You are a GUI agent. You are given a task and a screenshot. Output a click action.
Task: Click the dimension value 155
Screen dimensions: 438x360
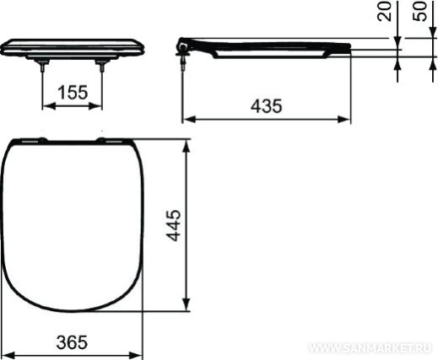[73, 93]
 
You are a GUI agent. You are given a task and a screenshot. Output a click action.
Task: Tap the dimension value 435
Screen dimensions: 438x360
[266, 106]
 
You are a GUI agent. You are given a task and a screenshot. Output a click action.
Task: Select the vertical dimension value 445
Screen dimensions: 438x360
[173, 225]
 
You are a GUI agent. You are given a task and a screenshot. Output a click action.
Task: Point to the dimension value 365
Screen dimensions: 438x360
[72, 342]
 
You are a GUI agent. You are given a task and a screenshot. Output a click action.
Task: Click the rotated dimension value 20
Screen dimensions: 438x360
[384, 11]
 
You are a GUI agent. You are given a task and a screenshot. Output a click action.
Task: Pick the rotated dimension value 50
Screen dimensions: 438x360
[419, 11]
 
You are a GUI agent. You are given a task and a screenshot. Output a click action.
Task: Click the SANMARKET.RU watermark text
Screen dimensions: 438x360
[370, 348]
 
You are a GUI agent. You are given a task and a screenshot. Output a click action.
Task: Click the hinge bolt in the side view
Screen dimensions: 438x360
[183, 62]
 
